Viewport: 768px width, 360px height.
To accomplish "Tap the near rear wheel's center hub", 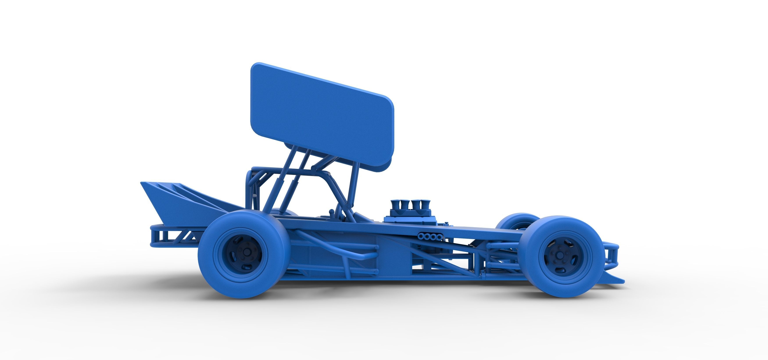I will point(247,252).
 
